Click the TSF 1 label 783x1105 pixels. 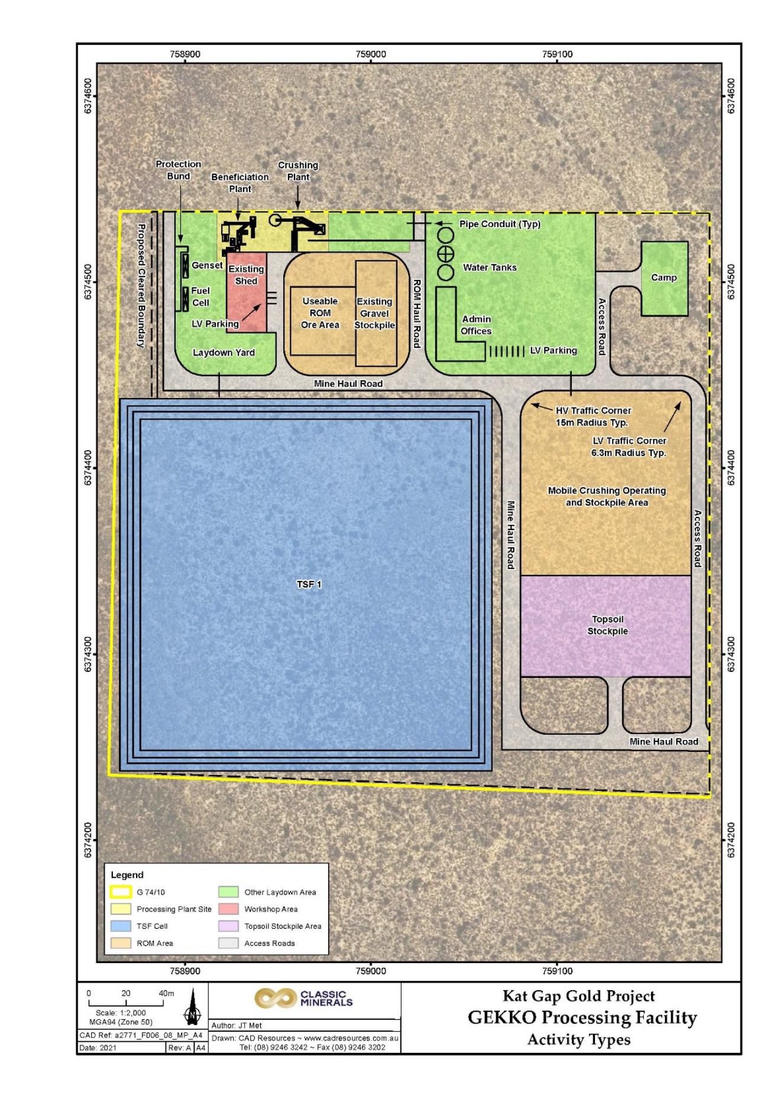pyautogui.click(x=309, y=584)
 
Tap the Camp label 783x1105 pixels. pyautogui.click(x=664, y=277)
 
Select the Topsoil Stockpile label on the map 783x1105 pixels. pyautogui.click(x=607, y=625)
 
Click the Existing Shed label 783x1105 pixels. pyautogui.click(x=246, y=275)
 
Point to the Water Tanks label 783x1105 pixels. pyautogui.click(x=490, y=267)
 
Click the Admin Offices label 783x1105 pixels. pyautogui.click(x=476, y=325)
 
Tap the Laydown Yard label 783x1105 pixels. pyautogui.click(x=224, y=353)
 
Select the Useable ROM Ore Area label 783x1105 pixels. pyautogui.click(x=320, y=313)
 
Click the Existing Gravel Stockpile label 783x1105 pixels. pyautogui.click(x=374, y=314)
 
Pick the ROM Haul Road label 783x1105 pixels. pyautogui.click(x=416, y=314)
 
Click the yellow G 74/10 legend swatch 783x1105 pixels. pyautogui.click(x=121, y=892)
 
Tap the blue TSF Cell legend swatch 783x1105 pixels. pyautogui.click(x=121, y=926)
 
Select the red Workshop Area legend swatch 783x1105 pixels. pyautogui.click(x=228, y=909)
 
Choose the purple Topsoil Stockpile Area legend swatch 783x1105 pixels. pyautogui.click(x=228, y=926)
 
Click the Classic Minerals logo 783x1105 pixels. pyautogui.click(x=304, y=999)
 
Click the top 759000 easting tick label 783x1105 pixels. pyautogui.click(x=371, y=54)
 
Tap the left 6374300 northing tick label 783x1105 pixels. pyautogui.click(x=88, y=655)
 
